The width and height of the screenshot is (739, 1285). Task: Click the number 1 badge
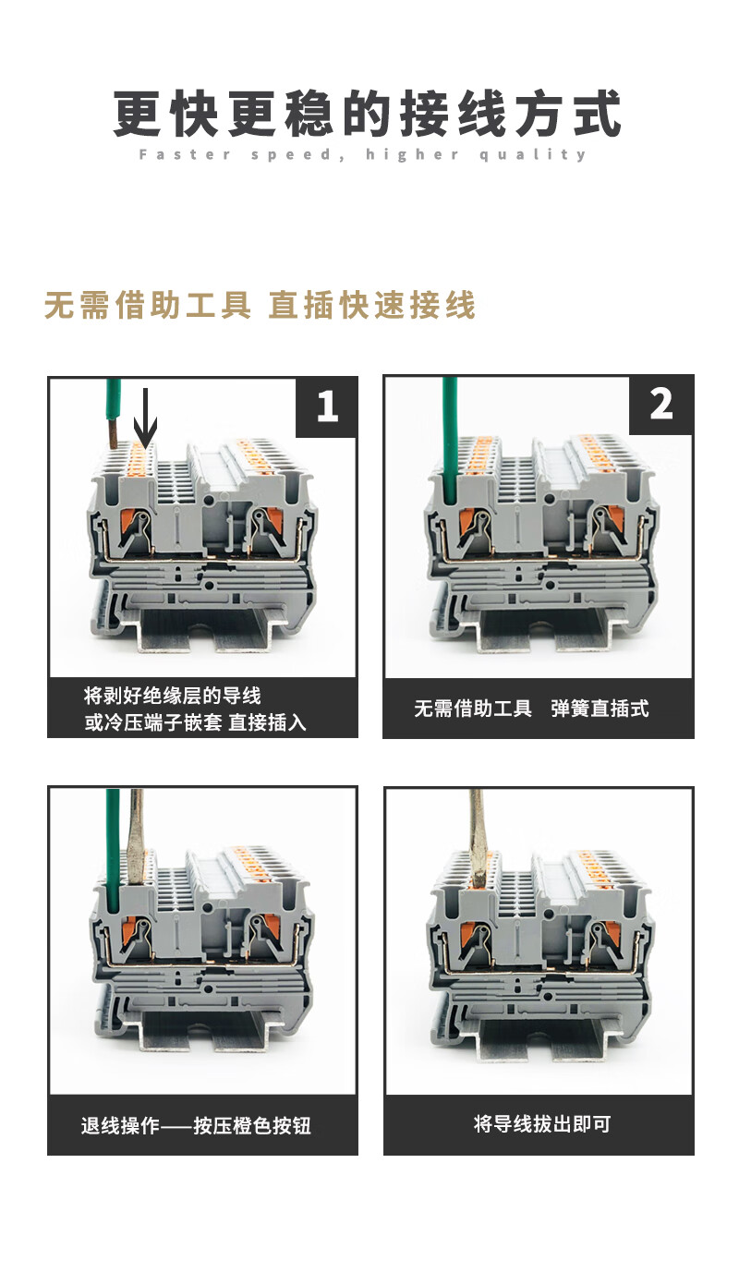coord(327,406)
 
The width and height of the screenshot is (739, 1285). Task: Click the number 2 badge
coord(661,405)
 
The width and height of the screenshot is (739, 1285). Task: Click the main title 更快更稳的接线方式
coord(368,113)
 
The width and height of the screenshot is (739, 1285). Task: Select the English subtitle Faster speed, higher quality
coord(363,154)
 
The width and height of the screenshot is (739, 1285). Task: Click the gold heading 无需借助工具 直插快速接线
coord(260,305)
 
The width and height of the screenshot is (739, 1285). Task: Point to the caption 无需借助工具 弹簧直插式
coord(531,709)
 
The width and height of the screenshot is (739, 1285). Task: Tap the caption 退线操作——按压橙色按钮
coord(196,1125)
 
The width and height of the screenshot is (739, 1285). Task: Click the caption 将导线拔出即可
coord(542,1124)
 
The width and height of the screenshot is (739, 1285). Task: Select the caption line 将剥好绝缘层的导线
coord(172,696)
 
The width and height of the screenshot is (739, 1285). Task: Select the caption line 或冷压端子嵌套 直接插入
coord(195,722)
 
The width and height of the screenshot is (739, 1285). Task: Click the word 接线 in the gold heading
coord(442,305)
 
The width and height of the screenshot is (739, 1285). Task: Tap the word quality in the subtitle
coord(533,155)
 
